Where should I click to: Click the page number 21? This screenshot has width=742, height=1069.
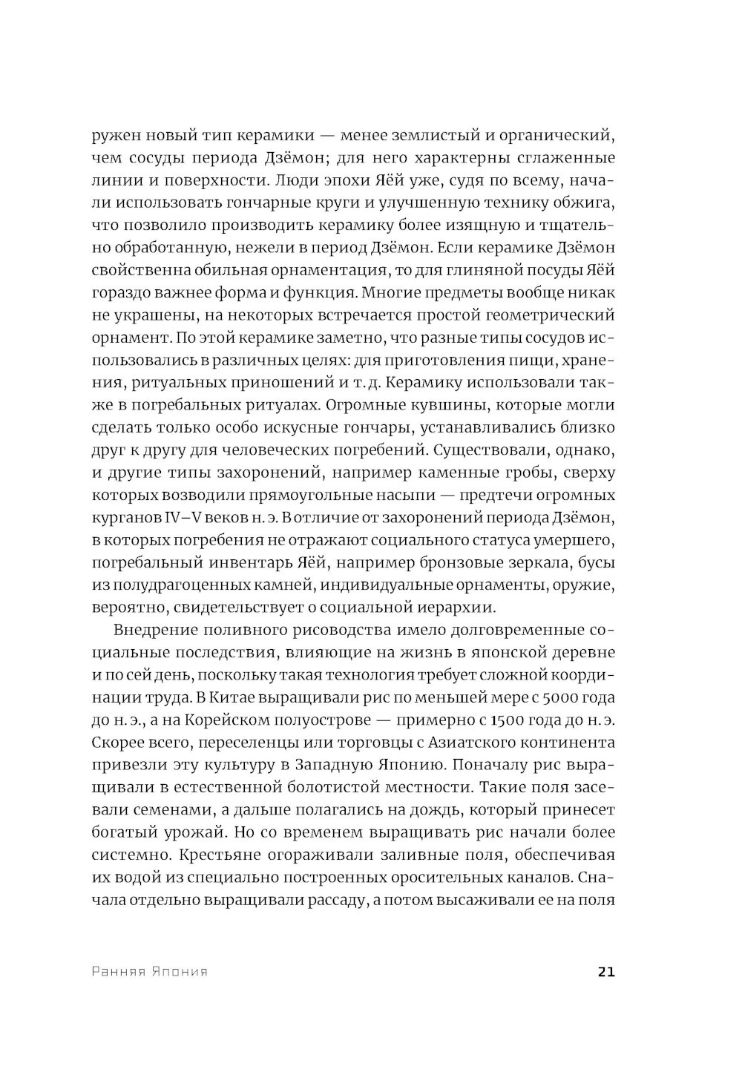(605, 972)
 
